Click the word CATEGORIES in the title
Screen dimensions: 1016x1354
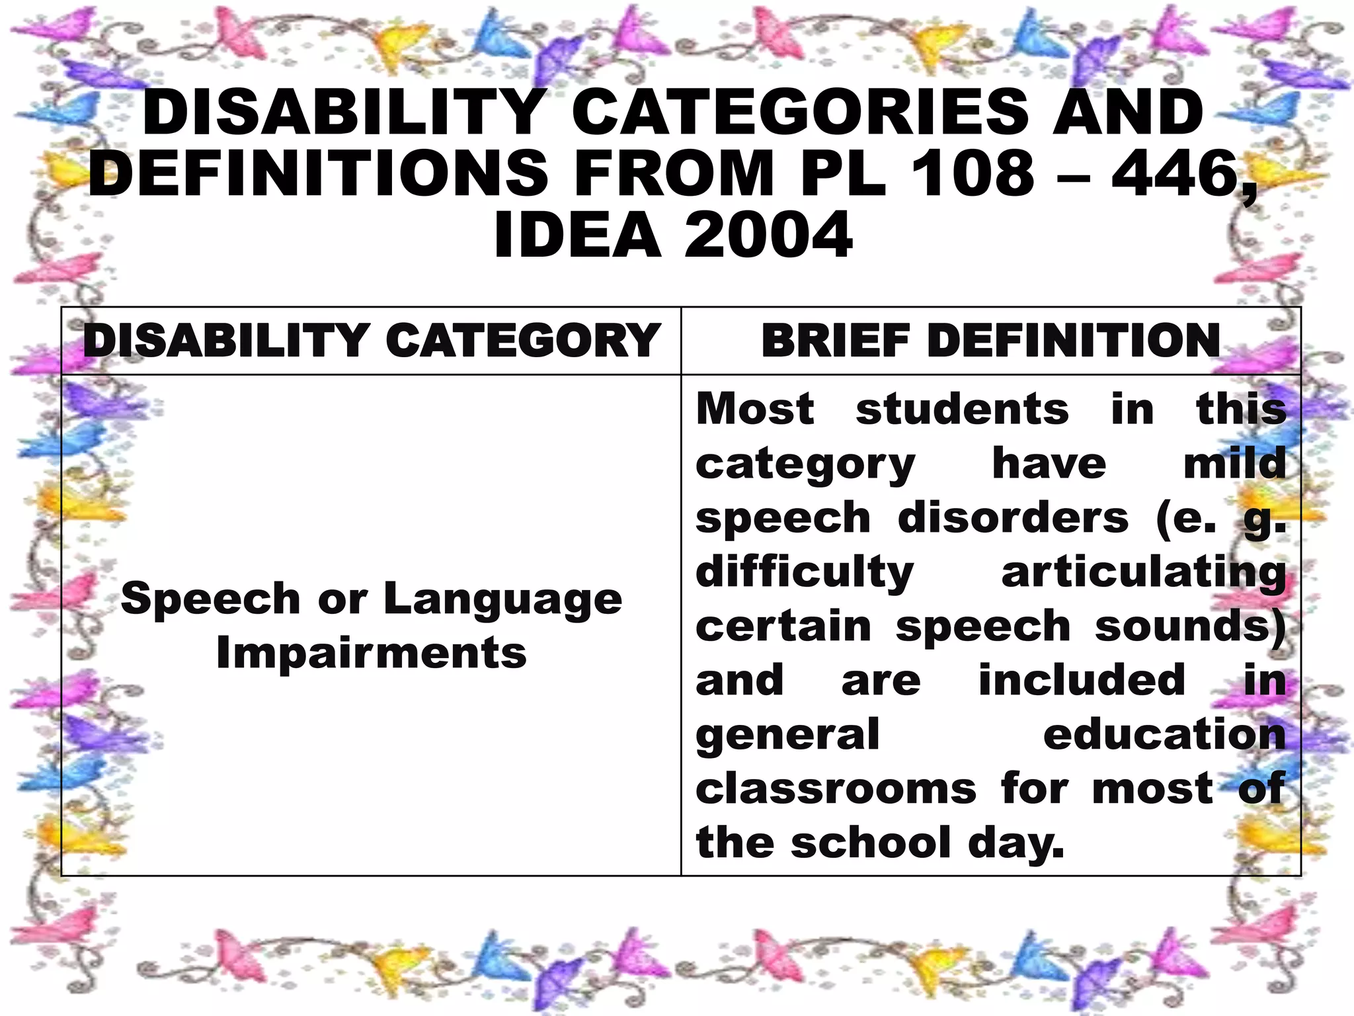point(800,112)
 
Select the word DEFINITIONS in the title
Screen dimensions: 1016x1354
point(318,173)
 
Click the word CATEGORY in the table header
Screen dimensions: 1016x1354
point(523,341)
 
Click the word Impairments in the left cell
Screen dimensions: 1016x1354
point(372,654)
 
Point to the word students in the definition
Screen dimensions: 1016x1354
point(962,409)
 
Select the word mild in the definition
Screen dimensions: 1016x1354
point(1234,463)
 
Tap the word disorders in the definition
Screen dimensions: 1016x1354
point(1014,517)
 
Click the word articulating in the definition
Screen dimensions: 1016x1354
point(1144,573)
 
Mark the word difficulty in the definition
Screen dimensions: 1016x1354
point(805,573)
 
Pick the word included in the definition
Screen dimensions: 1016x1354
point(1082,680)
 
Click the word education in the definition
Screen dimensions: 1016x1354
point(1164,735)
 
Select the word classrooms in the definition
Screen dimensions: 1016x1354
point(836,789)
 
